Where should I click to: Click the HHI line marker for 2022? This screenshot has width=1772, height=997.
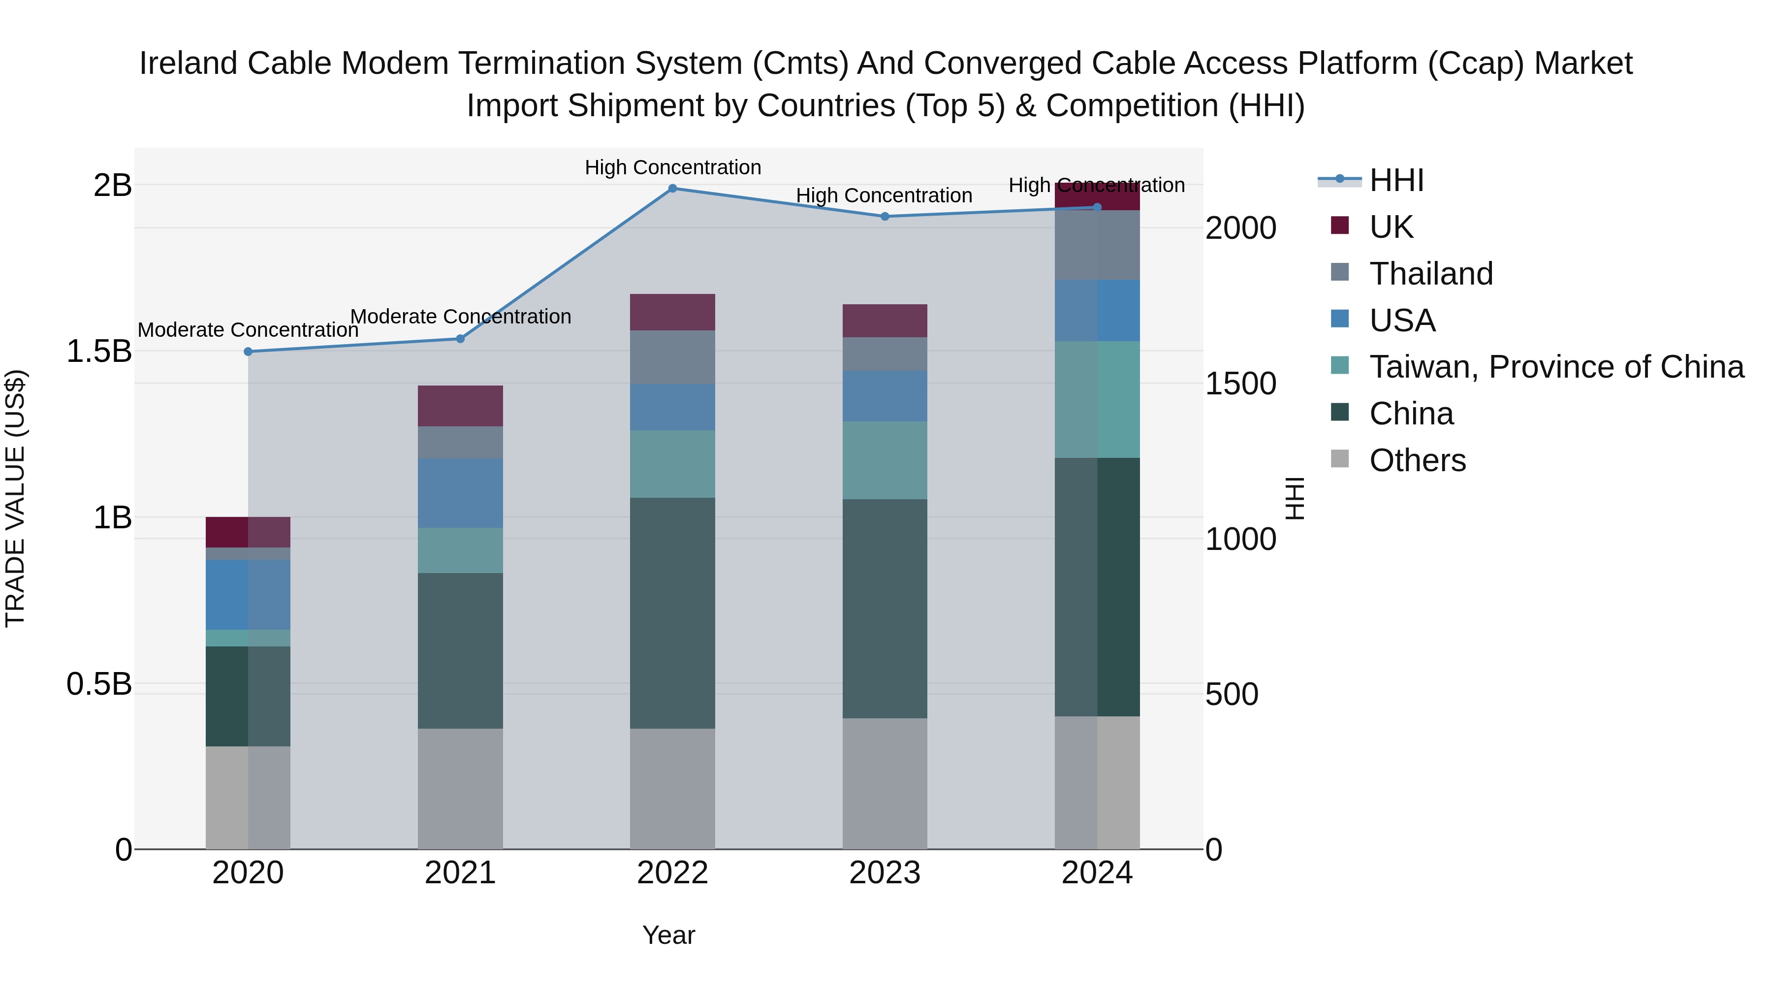pyautogui.click(x=673, y=189)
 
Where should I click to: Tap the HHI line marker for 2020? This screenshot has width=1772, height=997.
pyautogui.click(x=249, y=352)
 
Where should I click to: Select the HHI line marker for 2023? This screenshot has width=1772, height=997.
pyautogui.click(x=886, y=217)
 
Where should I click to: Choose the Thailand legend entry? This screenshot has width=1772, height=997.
pyautogui.click(x=1431, y=274)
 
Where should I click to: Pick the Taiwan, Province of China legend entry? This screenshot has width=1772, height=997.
pyautogui.click(x=1556, y=367)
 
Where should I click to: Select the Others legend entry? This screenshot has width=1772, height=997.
pyautogui.click(x=1417, y=460)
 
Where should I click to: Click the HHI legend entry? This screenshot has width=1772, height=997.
pyautogui.click(x=1396, y=181)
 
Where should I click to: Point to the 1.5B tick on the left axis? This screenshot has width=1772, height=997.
pyautogui.click(x=99, y=352)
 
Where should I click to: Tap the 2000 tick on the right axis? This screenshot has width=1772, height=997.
pyautogui.click(x=1240, y=228)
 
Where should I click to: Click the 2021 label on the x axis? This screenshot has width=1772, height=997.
pyautogui.click(x=460, y=873)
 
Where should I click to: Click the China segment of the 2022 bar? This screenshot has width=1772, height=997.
pyautogui.click(x=673, y=612)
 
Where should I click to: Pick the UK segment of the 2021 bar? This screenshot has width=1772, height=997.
pyautogui.click(x=460, y=406)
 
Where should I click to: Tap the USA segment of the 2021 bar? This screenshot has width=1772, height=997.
pyautogui.click(x=460, y=493)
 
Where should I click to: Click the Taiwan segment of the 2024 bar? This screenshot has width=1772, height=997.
pyautogui.click(x=1097, y=399)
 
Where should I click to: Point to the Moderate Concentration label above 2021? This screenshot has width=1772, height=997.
pyautogui.click(x=460, y=317)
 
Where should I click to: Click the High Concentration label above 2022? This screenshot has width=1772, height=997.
pyautogui.click(x=673, y=167)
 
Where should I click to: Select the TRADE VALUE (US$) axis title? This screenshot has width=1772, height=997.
pyautogui.click(x=15, y=498)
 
